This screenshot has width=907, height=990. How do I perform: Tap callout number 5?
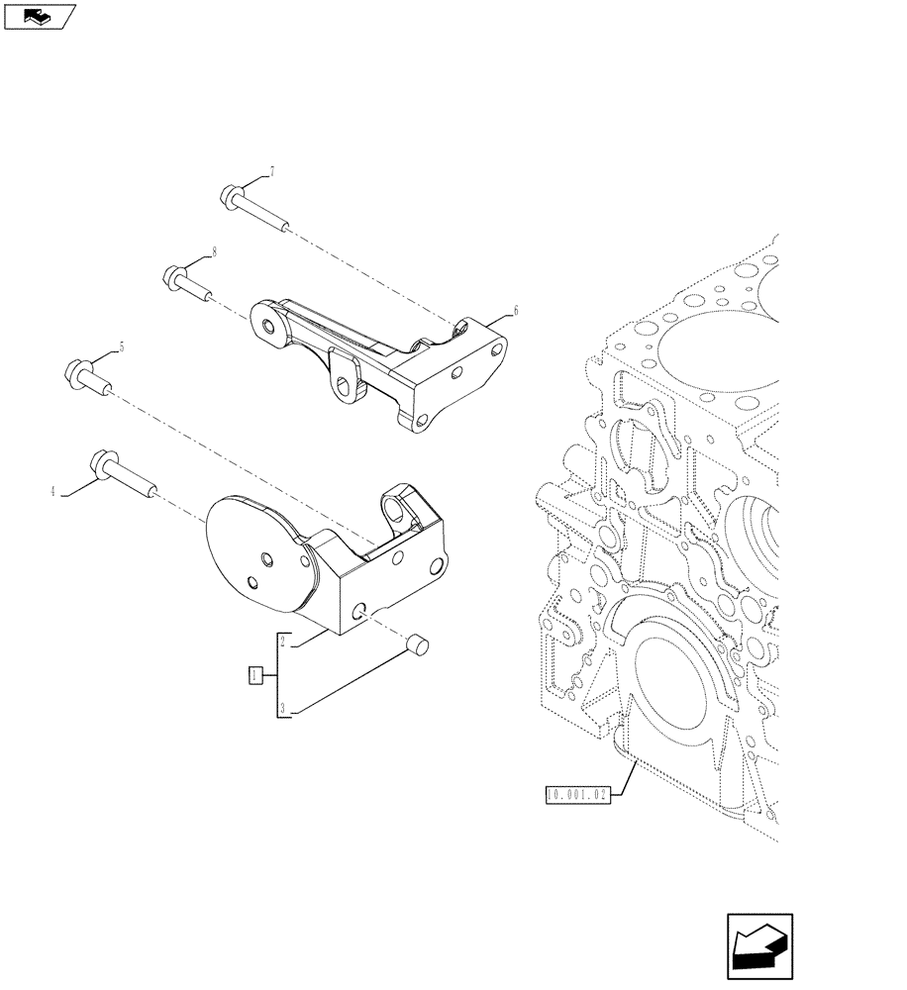121,346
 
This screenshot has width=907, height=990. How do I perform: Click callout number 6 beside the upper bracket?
515,310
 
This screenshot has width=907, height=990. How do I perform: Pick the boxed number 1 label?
255,675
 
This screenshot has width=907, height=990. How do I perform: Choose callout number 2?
282,642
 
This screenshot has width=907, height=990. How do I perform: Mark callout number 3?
282,709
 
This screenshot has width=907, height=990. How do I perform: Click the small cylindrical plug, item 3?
416,646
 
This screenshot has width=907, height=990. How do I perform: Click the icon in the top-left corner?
40,16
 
